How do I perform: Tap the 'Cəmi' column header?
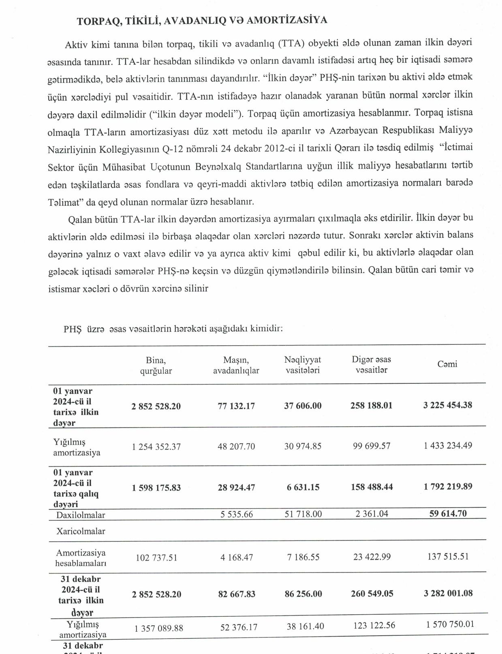click(x=447, y=364)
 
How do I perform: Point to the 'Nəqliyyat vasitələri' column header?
click(x=303, y=365)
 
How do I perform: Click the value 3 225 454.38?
click(x=447, y=405)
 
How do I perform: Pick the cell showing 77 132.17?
click(x=236, y=406)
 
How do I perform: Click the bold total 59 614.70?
click(x=448, y=513)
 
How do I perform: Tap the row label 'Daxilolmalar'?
click(x=81, y=515)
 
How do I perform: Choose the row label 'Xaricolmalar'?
click(x=81, y=531)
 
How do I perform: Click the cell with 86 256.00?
click(x=303, y=594)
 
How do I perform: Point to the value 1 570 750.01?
click(x=450, y=624)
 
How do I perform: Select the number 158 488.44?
click(x=372, y=487)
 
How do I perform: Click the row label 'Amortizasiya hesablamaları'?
click(x=81, y=558)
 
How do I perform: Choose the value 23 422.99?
click(x=372, y=557)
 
